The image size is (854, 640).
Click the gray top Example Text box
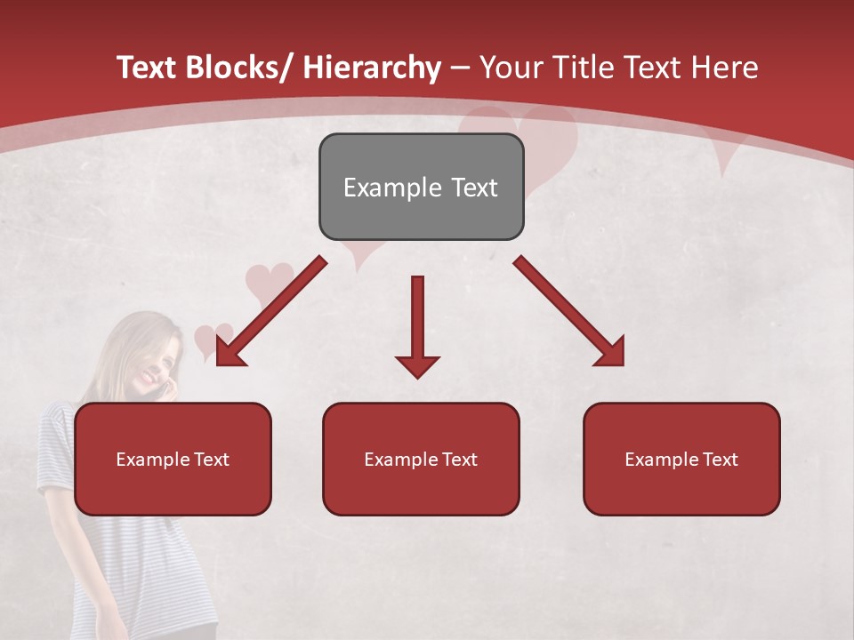421,187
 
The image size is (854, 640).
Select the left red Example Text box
173,459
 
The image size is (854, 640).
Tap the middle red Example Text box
421,459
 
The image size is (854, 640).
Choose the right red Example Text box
681,459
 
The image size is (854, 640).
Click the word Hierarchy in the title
371,68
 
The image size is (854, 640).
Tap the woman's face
149,360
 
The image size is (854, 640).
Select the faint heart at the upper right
725,147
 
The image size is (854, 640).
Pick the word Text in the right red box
721,459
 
